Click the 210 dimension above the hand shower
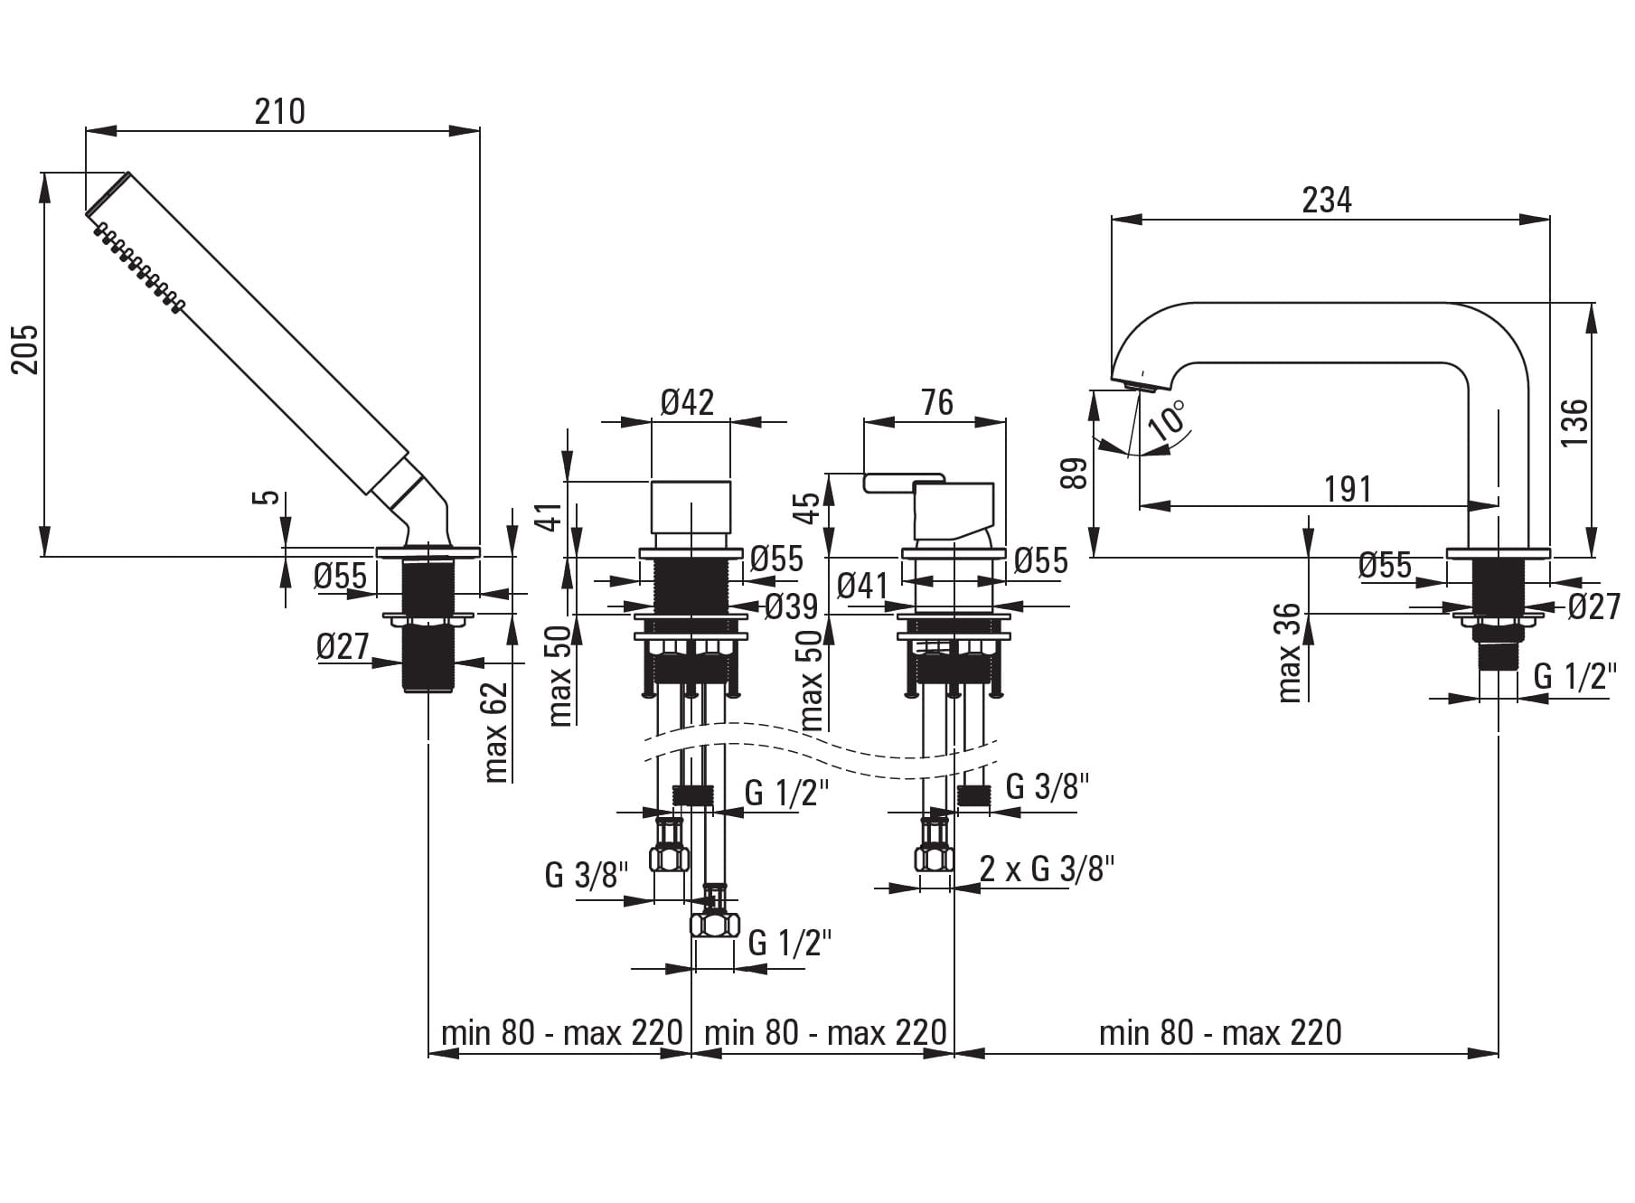click(x=279, y=112)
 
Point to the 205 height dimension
click(x=25, y=350)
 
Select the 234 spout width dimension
click(x=1326, y=200)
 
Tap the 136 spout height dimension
click(x=1574, y=421)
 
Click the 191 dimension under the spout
click(x=1348, y=489)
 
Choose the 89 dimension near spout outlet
click(x=1074, y=473)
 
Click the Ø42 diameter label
click(x=687, y=401)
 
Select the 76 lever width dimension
click(x=936, y=401)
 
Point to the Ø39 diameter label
click(x=791, y=606)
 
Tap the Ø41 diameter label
click(x=863, y=586)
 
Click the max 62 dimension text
click(x=496, y=732)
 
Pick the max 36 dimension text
click(x=1290, y=653)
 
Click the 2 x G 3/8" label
click(x=1047, y=869)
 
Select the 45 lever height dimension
click(x=811, y=507)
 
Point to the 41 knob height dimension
click(x=553, y=516)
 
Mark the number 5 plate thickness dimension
click(x=266, y=496)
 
